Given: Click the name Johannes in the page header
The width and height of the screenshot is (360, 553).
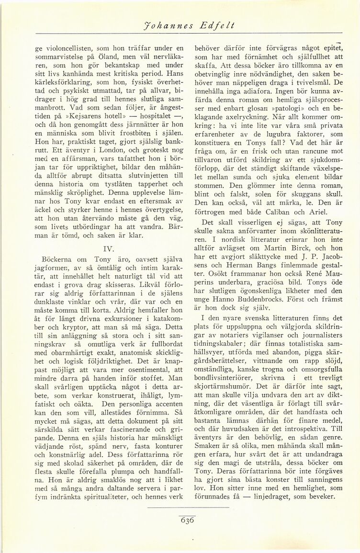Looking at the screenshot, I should click(x=163, y=27).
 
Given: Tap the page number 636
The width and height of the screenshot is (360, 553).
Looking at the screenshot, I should click(x=187, y=521).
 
